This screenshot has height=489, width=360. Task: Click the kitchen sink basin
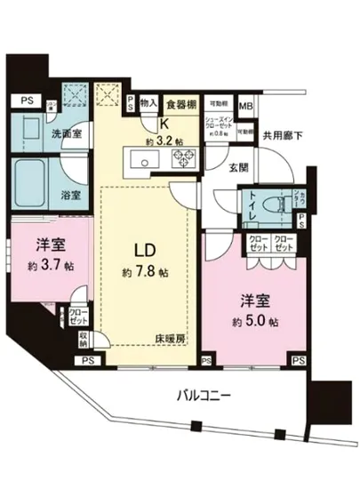pyautogui.click(x=143, y=163)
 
